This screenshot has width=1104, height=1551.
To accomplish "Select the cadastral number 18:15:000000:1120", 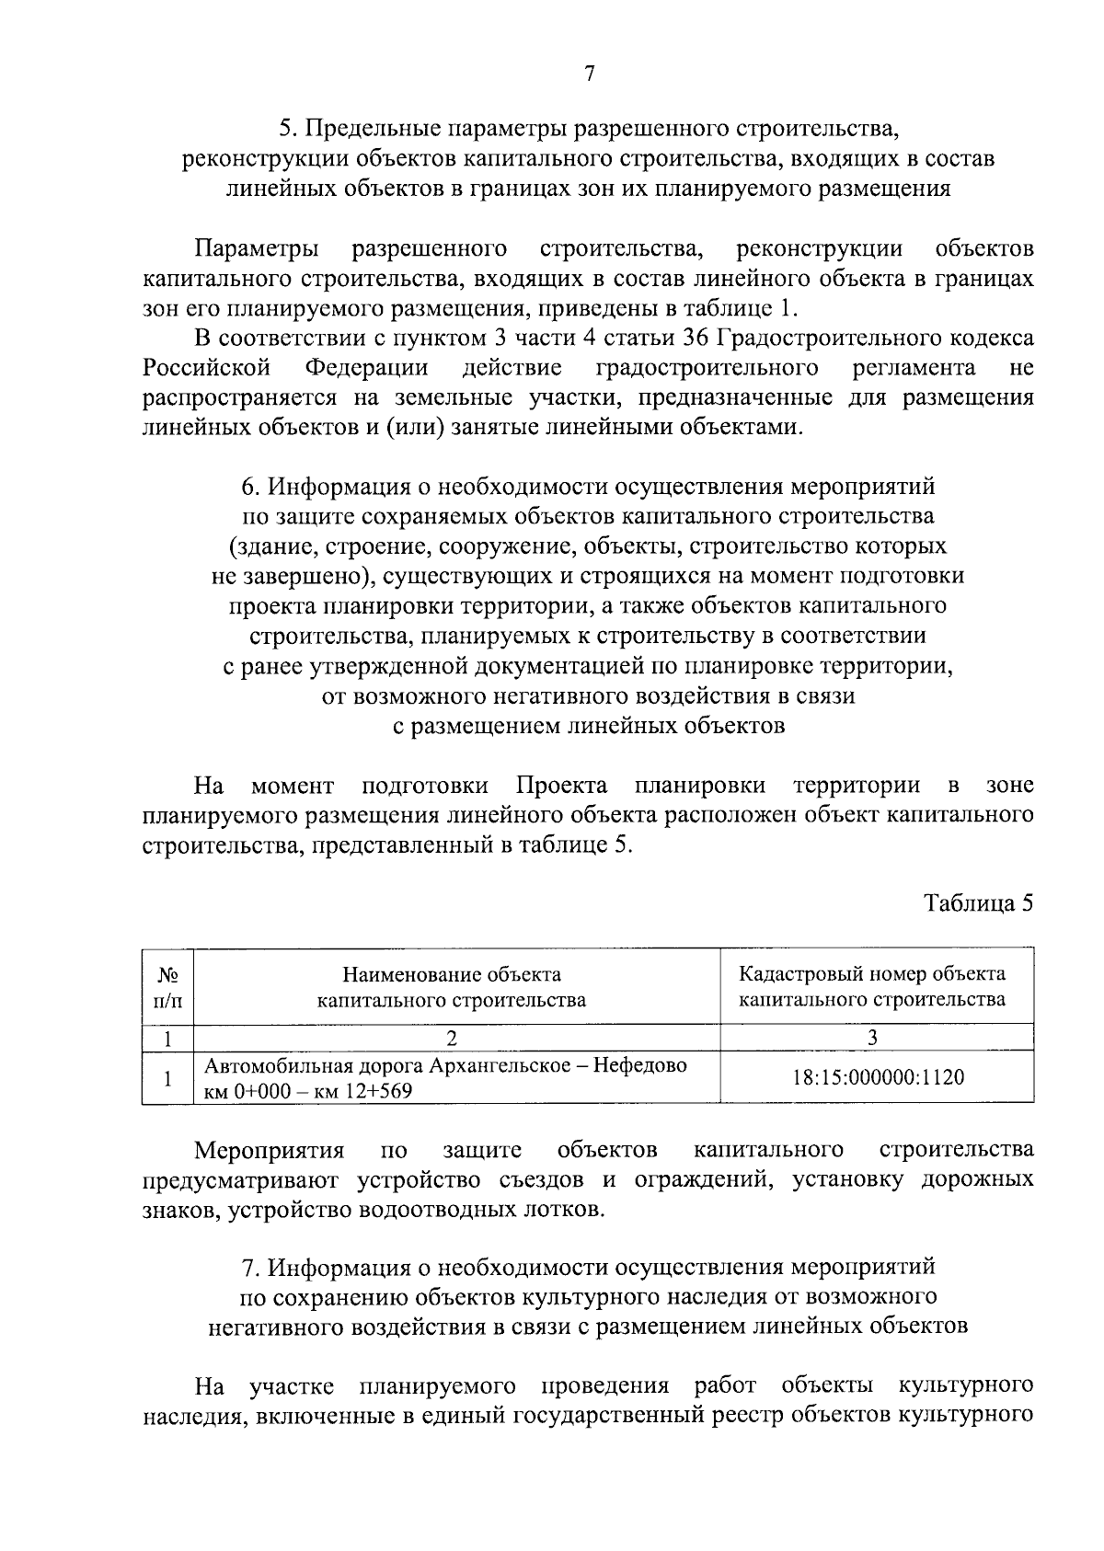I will [878, 1077].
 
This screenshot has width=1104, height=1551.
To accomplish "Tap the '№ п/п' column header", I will [167, 986].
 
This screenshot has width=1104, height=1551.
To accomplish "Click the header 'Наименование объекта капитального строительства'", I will [452, 986].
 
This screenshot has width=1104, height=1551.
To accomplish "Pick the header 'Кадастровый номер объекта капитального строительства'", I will [872, 986].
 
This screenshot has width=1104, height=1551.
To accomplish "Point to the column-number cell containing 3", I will [872, 1037].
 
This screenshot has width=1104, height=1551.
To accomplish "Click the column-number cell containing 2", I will [452, 1037].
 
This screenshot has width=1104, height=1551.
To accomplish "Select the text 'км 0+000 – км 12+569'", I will [308, 1092].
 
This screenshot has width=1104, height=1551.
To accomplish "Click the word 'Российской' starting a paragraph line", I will [206, 368].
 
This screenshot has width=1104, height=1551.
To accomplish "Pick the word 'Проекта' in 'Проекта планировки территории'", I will [561, 786].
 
